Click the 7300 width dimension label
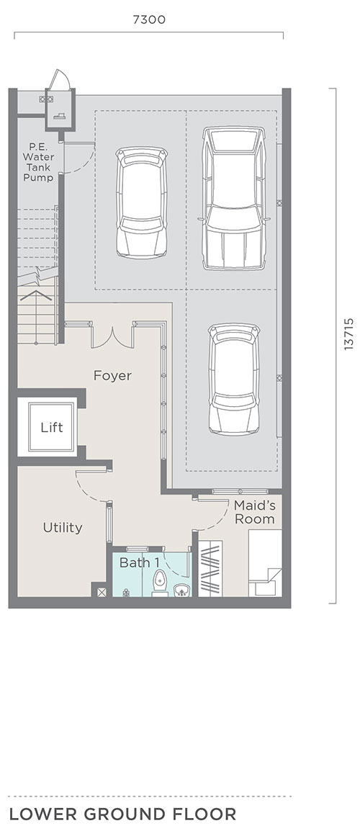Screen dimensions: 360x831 149,20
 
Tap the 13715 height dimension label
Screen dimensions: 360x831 348,334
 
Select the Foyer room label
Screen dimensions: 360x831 112,376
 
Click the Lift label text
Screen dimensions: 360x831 51,427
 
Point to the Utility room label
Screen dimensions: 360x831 63,527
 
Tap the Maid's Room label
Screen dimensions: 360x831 255,512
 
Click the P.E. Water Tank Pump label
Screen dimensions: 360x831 38,162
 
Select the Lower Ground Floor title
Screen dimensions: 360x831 122,814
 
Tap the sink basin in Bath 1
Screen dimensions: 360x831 182,590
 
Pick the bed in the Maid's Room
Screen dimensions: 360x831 265,563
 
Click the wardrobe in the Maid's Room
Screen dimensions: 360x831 210,569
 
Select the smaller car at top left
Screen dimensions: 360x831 142,202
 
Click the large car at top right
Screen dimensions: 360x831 234,198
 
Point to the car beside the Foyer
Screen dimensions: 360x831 234,379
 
